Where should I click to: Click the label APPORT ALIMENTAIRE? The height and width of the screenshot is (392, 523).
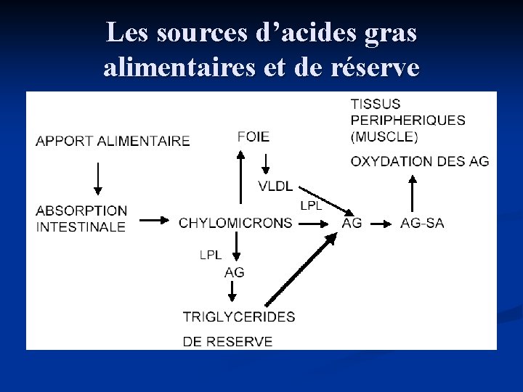[x=113, y=141]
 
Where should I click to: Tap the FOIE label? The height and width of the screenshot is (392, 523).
[x=253, y=136]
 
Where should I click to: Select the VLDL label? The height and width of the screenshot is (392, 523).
[x=275, y=186]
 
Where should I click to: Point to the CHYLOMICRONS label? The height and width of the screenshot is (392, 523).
[x=236, y=223]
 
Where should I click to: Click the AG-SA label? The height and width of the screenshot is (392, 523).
[x=422, y=223]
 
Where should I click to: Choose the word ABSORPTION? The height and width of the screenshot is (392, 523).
[x=81, y=211]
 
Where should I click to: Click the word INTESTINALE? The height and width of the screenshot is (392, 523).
[x=81, y=226]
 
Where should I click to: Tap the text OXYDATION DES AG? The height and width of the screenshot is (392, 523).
[x=420, y=161]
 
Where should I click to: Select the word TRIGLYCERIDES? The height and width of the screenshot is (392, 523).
[x=239, y=317]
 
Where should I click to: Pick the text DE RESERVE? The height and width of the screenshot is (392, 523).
[x=228, y=341]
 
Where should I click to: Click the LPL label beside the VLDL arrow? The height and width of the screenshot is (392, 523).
[x=311, y=205]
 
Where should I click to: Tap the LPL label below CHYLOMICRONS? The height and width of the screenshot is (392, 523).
[x=210, y=254]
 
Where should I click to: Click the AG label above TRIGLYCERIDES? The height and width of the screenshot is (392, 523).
[x=235, y=272]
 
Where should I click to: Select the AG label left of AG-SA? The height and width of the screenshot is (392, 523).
[x=352, y=223]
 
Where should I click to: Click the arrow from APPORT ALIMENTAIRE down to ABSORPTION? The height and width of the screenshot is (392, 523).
[x=98, y=178]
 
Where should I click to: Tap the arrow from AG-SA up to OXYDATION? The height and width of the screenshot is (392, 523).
[x=413, y=192]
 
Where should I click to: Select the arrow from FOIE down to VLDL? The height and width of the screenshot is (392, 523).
[x=266, y=163]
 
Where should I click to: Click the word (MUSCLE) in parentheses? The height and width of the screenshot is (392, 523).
[x=384, y=136]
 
